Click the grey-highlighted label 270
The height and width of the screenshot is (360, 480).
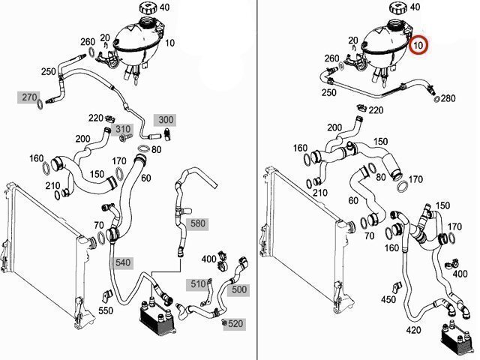28,97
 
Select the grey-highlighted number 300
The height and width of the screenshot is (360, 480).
164,120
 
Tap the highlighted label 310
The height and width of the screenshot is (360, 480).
123,129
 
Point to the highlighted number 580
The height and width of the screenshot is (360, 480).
197,223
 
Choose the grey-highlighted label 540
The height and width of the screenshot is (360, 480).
121,262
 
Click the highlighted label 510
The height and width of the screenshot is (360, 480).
197,283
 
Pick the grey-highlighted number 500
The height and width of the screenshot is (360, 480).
238,289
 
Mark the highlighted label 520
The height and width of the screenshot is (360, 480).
235,323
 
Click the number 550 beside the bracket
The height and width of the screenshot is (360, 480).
105,310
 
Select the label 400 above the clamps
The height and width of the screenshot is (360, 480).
208,259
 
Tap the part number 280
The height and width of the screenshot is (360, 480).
448,98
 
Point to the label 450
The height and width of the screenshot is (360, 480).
388,299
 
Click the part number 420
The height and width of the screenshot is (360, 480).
412,329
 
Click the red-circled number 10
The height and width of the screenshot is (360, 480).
420,46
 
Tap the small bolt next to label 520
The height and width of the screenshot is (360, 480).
223,322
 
